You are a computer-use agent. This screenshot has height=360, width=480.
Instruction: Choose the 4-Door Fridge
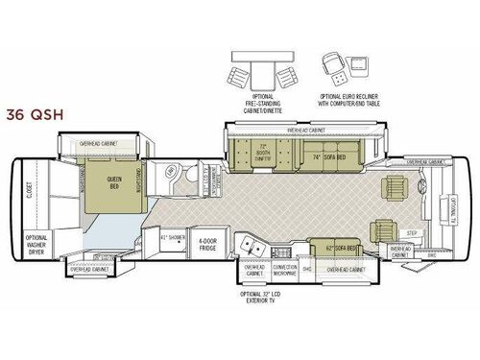[x=205, y=240]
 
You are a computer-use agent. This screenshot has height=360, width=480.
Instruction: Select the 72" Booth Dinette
[x=264, y=153]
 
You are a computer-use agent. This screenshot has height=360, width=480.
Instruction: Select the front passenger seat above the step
[x=385, y=229]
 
